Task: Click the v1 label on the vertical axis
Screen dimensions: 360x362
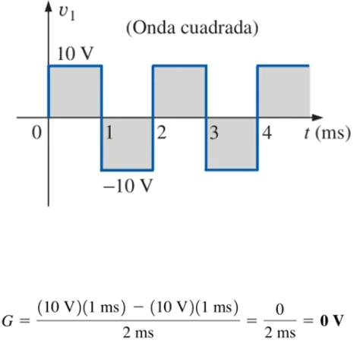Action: (x=67, y=14)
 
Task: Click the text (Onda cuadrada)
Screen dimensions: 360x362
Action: (x=192, y=28)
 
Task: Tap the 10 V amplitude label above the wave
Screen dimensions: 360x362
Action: (x=75, y=54)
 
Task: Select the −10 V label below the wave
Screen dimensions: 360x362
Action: (x=128, y=186)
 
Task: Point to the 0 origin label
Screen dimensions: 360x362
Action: (x=36, y=132)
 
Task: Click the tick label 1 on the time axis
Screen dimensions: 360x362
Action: (x=109, y=132)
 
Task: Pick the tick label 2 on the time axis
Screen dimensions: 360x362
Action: (x=162, y=132)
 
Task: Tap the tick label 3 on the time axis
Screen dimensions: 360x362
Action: (x=214, y=132)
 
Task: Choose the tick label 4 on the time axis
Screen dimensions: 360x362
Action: (x=267, y=132)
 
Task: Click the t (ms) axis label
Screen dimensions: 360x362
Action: (x=327, y=133)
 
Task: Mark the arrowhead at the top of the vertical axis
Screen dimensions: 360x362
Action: (x=49, y=6)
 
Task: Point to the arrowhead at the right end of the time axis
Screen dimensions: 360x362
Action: (x=317, y=118)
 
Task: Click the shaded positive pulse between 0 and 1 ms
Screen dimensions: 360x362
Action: (x=75, y=92)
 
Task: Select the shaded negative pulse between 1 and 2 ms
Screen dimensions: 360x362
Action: (x=127, y=143)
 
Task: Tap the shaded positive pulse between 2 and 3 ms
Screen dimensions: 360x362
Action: (x=179, y=92)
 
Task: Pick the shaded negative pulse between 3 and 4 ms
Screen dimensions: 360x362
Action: (x=232, y=143)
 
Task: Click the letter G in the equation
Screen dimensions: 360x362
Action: (x=8, y=321)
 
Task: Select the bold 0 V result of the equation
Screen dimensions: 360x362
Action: (x=332, y=320)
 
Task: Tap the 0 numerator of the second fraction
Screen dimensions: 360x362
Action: (x=279, y=309)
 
